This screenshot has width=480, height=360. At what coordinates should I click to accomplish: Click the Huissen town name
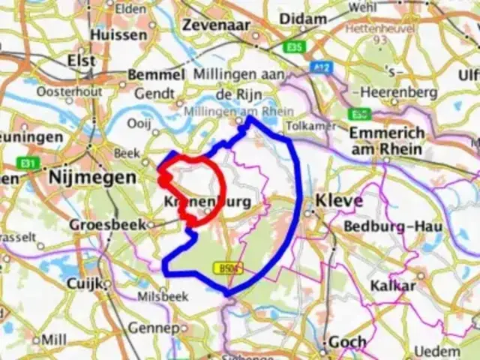click(x=118, y=34)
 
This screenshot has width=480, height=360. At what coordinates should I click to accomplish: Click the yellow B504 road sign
click(x=226, y=268)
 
